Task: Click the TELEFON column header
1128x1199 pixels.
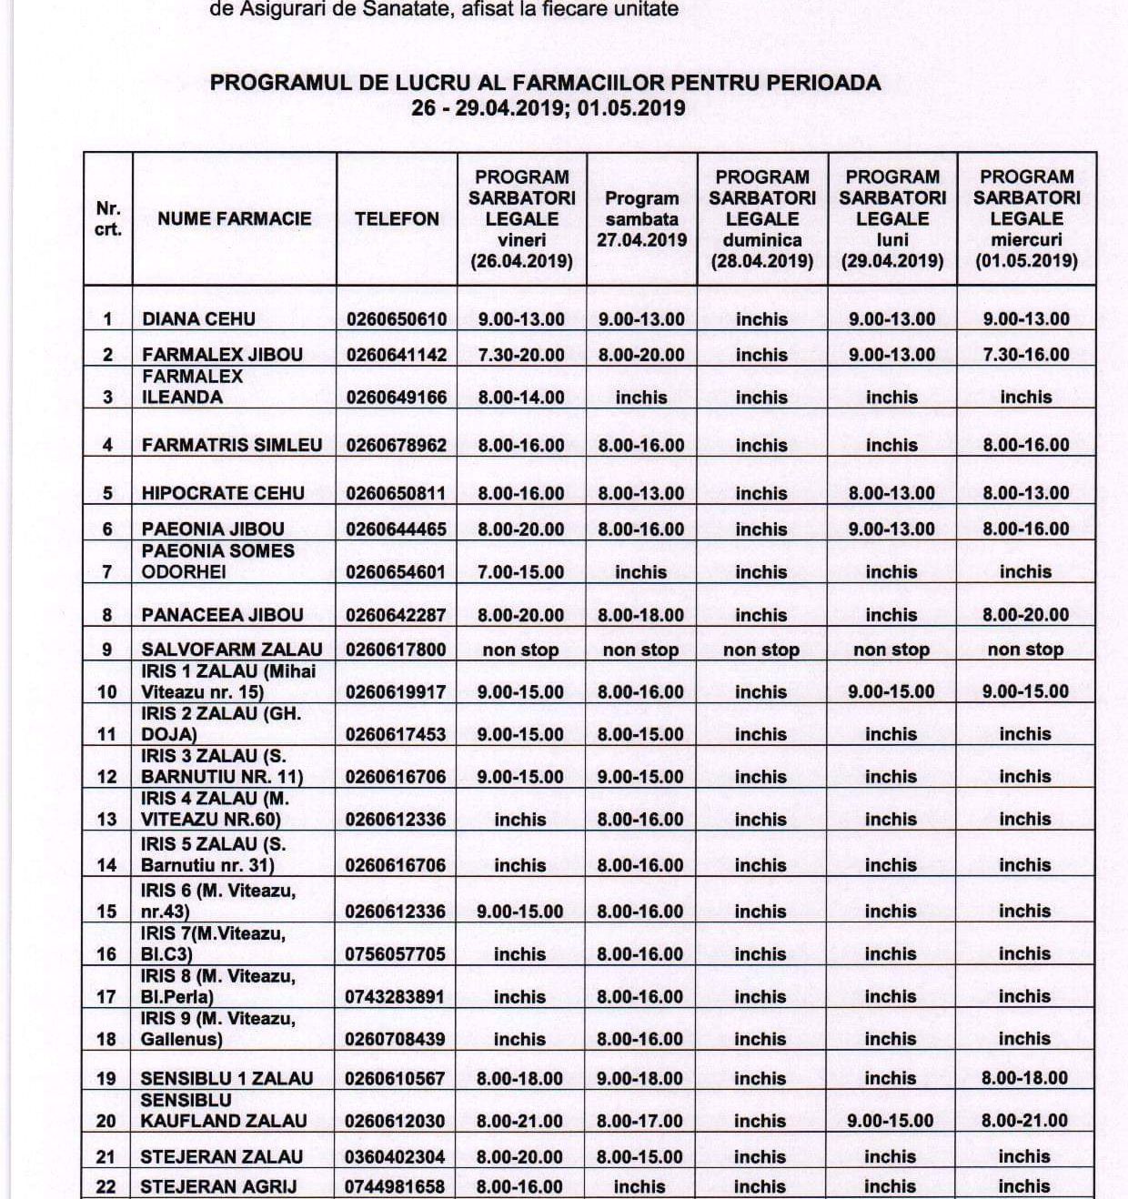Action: [397, 219]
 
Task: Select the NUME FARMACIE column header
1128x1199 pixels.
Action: [234, 219]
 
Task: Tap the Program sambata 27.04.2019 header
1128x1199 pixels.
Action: [641, 219]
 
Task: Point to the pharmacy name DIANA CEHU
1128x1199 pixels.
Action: [198, 319]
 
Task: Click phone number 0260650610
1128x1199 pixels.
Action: [397, 319]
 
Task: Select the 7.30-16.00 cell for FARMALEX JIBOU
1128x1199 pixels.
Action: [1026, 355]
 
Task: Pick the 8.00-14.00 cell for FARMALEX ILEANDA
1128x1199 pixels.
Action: [521, 398]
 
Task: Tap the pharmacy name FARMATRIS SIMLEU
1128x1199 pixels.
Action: [232, 446]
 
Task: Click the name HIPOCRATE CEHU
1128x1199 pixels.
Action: [223, 494]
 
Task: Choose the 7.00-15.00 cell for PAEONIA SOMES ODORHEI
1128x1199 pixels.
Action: [521, 572]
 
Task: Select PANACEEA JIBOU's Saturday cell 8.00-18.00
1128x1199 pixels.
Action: [641, 615]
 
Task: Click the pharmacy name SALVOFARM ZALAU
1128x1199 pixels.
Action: [232, 650]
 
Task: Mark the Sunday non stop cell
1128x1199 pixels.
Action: [761, 650]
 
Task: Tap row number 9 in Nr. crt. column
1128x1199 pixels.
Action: [107, 650]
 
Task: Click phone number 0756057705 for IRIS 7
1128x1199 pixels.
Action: [396, 954]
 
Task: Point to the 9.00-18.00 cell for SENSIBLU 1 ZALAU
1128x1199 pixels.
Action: [640, 1079]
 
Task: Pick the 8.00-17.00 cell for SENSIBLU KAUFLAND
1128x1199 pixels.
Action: [640, 1121]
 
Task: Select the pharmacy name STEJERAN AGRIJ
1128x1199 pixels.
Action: [218, 1186]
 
